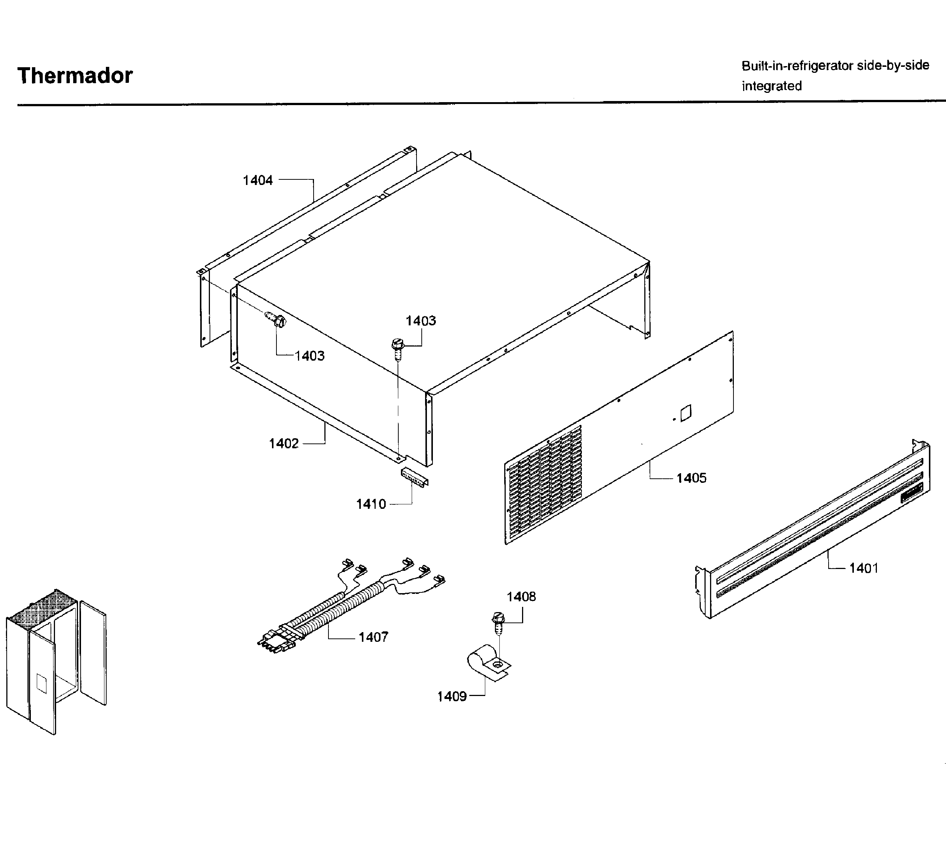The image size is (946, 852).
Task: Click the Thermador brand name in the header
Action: pos(75,75)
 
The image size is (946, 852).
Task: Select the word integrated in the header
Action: pos(771,86)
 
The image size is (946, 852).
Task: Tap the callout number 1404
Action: pos(257,180)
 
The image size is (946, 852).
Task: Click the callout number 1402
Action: pos(284,443)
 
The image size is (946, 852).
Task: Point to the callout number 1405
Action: pos(691,478)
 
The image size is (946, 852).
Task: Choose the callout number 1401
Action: pos(864,568)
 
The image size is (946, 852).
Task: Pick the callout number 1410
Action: pos(371,504)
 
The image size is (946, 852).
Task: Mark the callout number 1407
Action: pos(373,637)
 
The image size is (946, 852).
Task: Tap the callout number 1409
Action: pos(451,696)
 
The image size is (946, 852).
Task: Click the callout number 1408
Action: pos(521,596)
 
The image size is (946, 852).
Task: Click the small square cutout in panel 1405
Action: pos(685,413)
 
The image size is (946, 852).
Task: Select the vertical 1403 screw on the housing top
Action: pos(397,349)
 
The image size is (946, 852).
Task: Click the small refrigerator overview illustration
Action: pos(56,660)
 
